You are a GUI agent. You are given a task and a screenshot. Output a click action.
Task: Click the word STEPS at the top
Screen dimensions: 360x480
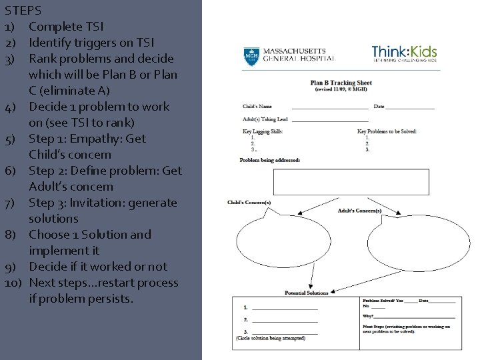pos(23,11)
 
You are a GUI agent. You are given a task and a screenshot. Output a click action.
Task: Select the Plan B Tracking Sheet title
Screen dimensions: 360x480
pos(341,83)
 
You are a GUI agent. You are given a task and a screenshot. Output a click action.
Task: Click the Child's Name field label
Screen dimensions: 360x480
pos(257,107)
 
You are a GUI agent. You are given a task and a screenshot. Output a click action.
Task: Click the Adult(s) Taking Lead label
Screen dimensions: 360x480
pos(265,119)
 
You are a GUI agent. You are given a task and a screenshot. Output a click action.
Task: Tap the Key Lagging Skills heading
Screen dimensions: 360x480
pos(263,131)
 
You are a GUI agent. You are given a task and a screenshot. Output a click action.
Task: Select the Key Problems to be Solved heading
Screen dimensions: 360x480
pos(387,131)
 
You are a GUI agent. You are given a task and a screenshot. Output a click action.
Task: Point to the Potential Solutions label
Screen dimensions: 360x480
pos(306,293)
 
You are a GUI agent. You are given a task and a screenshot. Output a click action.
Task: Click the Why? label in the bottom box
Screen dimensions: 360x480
pos(369,315)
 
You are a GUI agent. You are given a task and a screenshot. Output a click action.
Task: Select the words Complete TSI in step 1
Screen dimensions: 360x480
pos(66,27)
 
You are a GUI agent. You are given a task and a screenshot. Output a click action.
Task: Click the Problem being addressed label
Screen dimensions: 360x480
pos(270,160)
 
